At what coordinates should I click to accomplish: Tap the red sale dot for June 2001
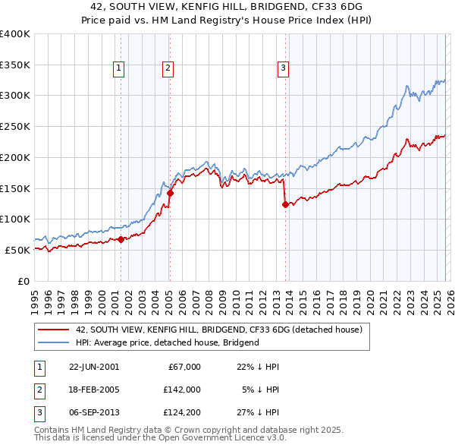point(121,239)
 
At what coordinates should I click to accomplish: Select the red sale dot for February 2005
point(170,193)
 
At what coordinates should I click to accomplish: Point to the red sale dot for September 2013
point(285,203)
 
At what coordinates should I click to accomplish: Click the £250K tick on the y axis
point(15,127)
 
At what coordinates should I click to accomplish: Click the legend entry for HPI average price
point(167,342)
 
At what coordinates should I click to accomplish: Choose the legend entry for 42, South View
point(219,330)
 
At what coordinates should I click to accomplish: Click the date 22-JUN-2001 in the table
point(93,367)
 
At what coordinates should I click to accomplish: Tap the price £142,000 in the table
point(181,389)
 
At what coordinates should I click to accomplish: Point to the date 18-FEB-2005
point(93,389)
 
